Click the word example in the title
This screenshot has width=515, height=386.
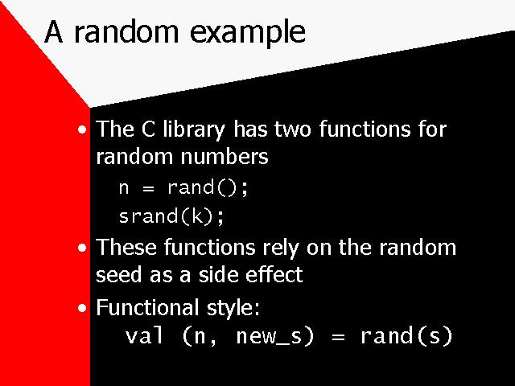pos(248,33)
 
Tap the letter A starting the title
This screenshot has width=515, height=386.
pos(54,31)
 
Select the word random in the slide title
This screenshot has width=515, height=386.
pos(126,31)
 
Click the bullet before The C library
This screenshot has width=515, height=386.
pos(82,129)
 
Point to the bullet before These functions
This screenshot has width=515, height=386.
pos(82,248)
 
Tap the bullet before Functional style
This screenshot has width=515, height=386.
pos(82,308)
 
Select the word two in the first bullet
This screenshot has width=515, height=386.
pos(292,129)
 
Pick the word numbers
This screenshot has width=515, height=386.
pos(225,156)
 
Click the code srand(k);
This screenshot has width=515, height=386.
pos(171,216)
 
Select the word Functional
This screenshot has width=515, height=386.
pos(147,307)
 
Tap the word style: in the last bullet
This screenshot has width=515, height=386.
pos(233,308)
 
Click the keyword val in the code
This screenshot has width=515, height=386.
pos(145,336)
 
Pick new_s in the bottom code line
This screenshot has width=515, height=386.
pos(275,336)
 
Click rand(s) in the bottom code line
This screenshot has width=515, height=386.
pos(406,336)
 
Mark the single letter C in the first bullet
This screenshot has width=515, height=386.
pos(148,129)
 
